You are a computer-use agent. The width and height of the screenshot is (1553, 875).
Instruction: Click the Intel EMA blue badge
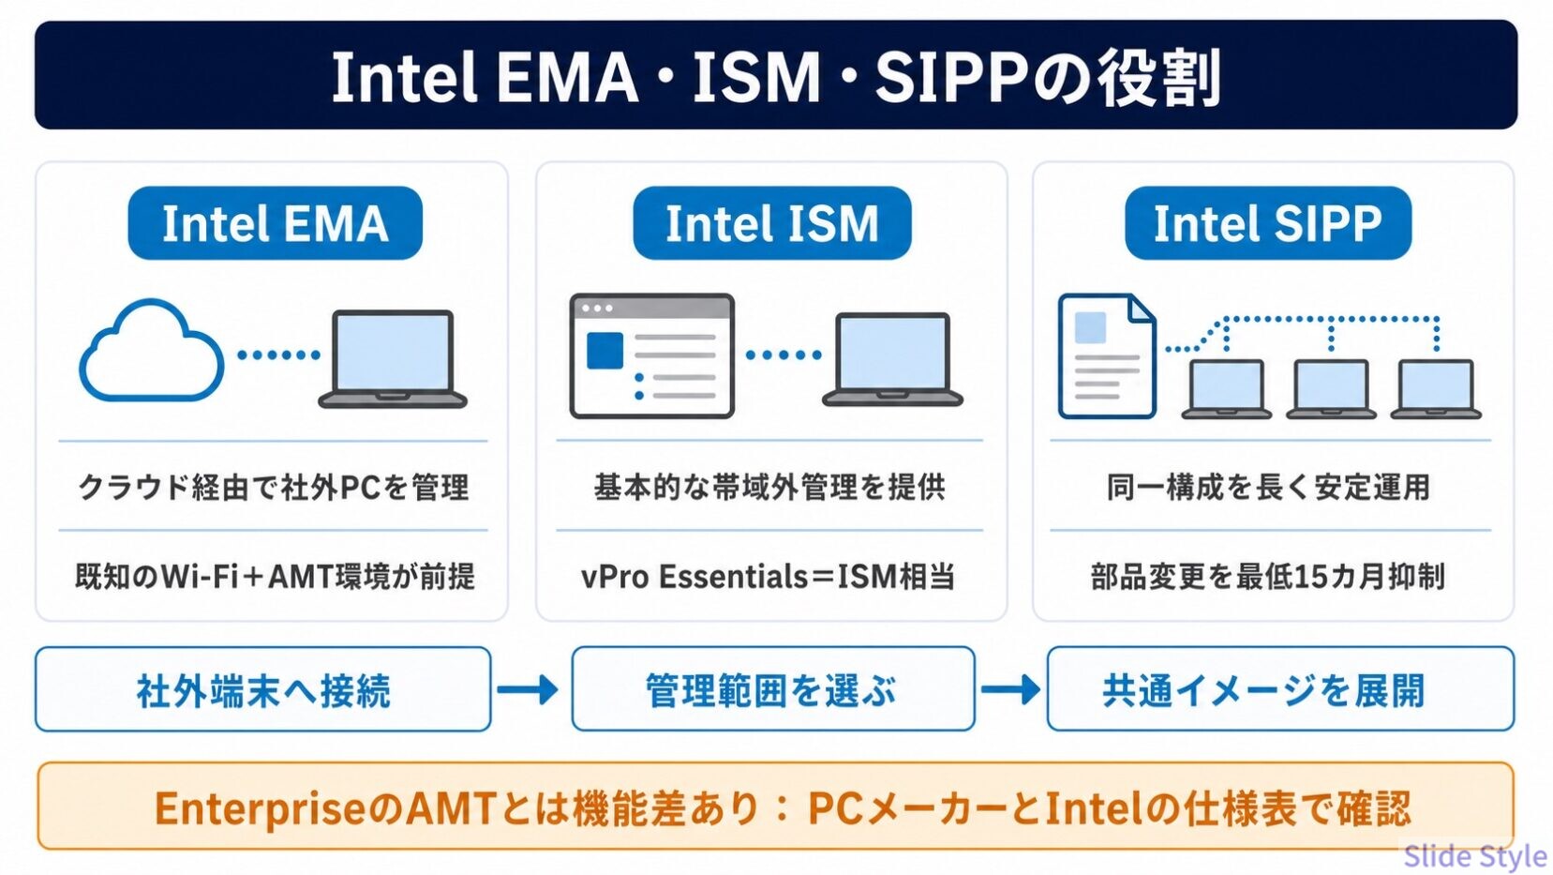(x=276, y=223)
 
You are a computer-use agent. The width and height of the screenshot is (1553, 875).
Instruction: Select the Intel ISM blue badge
(x=771, y=223)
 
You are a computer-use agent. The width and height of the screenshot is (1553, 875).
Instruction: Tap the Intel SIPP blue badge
(x=1267, y=223)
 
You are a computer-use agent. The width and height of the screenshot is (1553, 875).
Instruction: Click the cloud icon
(x=151, y=351)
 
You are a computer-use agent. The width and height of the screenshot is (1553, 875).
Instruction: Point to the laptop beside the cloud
(x=393, y=359)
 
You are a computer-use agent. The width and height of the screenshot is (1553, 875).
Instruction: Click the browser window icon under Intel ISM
(x=651, y=356)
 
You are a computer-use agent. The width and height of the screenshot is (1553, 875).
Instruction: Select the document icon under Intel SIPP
(x=1107, y=356)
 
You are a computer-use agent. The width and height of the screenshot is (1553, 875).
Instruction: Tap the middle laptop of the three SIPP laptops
(x=1331, y=388)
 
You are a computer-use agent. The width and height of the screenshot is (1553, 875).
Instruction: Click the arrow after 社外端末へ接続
(x=528, y=689)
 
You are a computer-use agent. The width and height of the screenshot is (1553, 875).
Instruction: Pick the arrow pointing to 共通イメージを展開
(x=1011, y=689)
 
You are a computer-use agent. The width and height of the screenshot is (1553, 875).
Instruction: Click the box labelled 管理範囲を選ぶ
(x=773, y=689)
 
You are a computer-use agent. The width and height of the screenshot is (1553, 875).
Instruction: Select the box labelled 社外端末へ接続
(x=263, y=689)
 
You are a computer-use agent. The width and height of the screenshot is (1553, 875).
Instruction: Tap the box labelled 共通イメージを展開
(x=1280, y=689)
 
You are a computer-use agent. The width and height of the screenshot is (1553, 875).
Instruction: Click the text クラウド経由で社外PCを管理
(x=274, y=487)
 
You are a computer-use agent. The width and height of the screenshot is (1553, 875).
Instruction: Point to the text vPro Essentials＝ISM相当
(x=769, y=577)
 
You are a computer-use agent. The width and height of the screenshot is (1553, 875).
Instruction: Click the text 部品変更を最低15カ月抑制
(x=1268, y=577)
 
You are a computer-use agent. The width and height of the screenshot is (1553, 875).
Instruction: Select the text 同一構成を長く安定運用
(x=1268, y=487)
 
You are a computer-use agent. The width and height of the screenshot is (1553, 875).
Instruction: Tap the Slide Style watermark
(x=1475, y=856)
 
